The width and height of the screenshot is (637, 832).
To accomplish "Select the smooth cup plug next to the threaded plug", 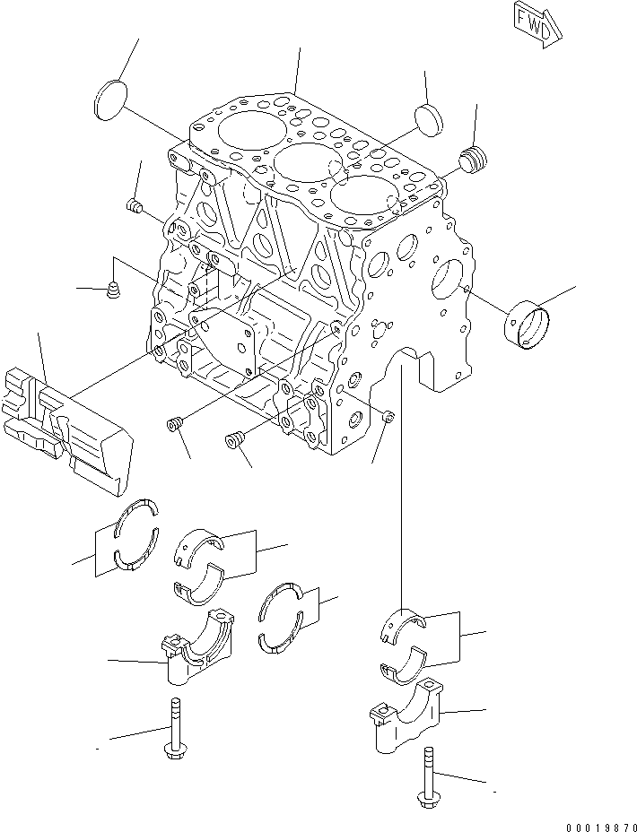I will [428, 117].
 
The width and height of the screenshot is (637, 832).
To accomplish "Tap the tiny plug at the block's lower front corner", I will [388, 415].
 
